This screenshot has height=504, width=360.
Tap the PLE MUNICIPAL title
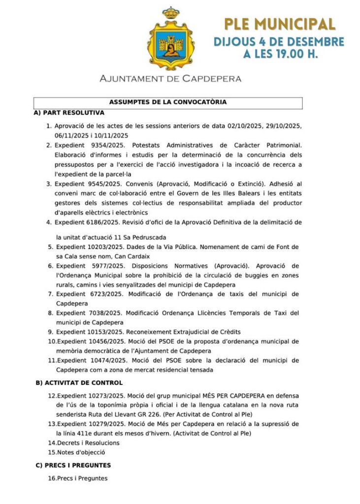[x=279, y=23]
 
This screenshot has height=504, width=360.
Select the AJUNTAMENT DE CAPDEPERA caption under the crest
[x=170, y=78]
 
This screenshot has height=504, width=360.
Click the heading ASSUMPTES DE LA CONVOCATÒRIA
[x=167, y=102]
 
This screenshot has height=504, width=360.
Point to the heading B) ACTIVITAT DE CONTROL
[x=79, y=382]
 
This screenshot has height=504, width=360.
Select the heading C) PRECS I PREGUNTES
[x=73, y=465]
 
